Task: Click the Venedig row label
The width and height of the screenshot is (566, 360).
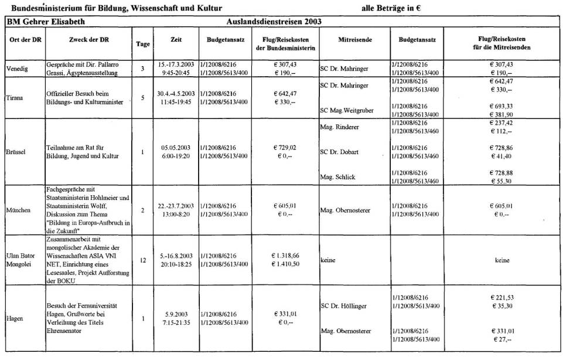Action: point(18,68)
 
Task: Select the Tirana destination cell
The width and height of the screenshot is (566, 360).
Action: point(16,97)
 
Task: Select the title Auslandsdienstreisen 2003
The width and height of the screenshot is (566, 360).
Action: point(274,22)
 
